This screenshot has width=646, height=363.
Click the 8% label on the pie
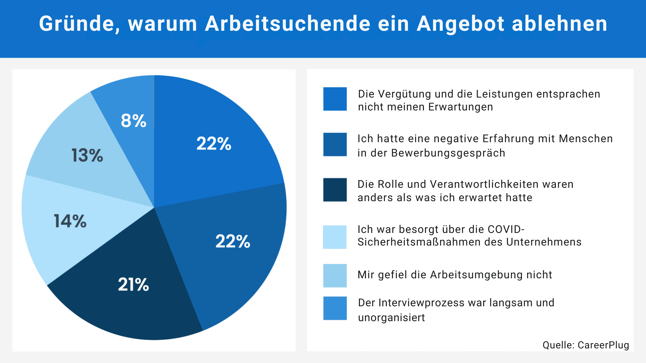(133, 120)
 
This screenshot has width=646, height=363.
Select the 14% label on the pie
(70, 221)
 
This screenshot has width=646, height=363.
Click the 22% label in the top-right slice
(214, 143)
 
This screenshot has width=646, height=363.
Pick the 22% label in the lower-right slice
(233, 241)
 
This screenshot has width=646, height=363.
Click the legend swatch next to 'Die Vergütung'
(335, 99)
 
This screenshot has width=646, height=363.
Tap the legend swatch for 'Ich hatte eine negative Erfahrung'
(335, 144)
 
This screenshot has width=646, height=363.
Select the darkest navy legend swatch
(335, 190)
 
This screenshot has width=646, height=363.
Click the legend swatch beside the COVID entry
(335, 237)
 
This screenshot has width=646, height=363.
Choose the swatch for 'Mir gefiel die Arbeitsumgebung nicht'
(335, 276)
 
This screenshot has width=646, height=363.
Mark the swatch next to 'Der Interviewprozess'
(335, 308)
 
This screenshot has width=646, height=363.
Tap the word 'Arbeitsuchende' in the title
(287, 24)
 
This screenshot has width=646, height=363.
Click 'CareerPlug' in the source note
(603, 345)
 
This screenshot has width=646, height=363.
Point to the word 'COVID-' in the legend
(506, 229)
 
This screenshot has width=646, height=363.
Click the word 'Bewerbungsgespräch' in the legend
(448, 153)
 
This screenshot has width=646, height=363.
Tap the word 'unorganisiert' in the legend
(391, 318)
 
